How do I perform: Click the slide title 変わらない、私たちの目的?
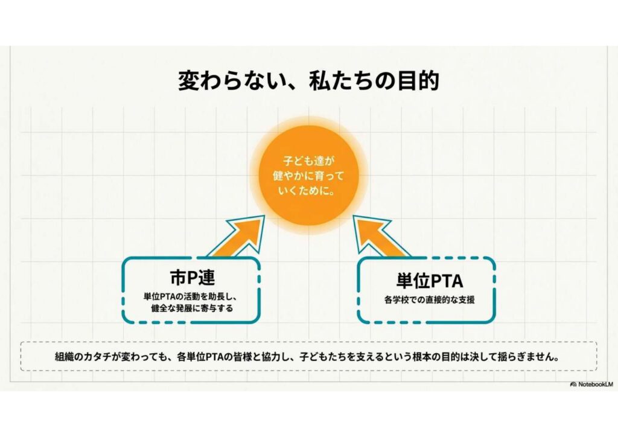pos(308,80)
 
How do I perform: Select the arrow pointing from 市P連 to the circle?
pos(239,238)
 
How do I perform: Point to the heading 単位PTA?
pos(429,281)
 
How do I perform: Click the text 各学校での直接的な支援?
pos(429,299)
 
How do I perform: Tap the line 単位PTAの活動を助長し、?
pos(193,296)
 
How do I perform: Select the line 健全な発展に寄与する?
pos(193,308)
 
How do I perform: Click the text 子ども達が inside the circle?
pos(308,161)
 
